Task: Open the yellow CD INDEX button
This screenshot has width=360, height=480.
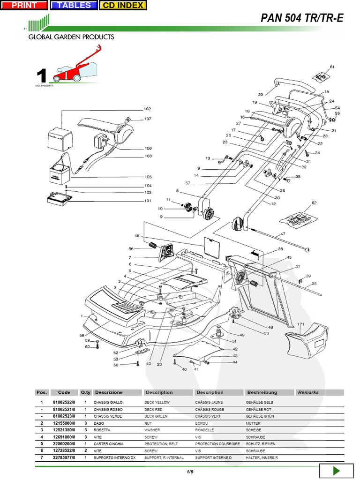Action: tap(123, 5)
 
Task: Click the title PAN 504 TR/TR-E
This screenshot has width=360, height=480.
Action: tap(302, 18)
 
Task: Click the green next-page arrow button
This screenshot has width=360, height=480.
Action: tap(336, 472)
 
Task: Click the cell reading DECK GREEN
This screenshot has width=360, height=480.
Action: tap(157, 416)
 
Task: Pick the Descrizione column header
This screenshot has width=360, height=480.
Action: tap(108, 392)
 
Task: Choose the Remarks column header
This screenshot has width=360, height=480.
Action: tap(308, 392)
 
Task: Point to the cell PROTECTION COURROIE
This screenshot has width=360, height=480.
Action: tap(217, 444)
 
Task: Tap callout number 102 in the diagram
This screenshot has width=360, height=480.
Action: tap(147, 109)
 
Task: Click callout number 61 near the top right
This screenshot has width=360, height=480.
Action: tap(332, 67)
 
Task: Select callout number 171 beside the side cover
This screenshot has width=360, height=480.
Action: tap(301, 324)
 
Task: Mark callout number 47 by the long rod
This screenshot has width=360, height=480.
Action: tap(283, 233)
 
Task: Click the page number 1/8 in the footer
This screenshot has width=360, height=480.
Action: tap(190, 471)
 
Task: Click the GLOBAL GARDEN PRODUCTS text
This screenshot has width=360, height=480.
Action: tap(71, 37)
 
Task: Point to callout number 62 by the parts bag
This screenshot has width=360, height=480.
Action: tap(314, 203)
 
